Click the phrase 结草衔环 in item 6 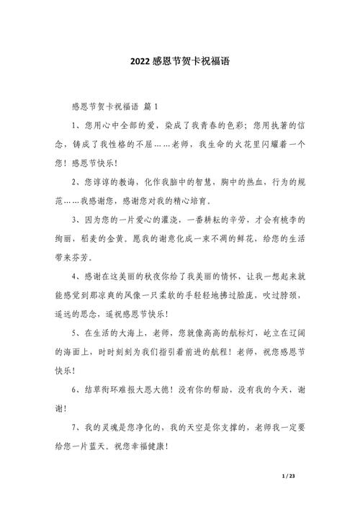tap(111, 389)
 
